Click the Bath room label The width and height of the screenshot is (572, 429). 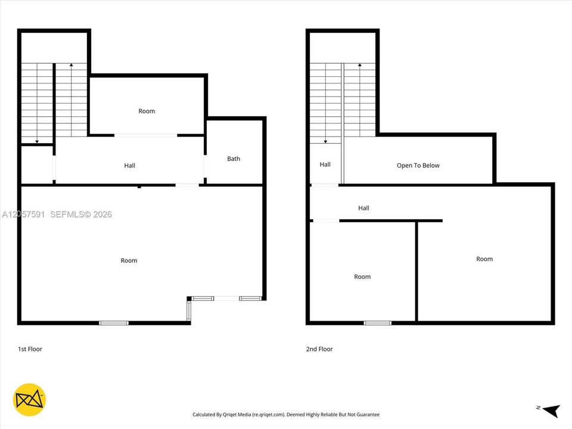click(x=234, y=158)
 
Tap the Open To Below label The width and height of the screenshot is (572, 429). click(x=418, y=166)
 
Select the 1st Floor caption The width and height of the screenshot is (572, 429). click(x=30, y=349)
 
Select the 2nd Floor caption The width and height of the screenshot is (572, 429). click(x=319, y=349)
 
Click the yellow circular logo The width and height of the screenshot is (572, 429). click(x=30, y=400)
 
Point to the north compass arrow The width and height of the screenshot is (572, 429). click(x=552, y=411)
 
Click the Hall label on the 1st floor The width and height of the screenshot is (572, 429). click(x=129, y=166)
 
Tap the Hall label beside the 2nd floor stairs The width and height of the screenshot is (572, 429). click(x=325, y=164)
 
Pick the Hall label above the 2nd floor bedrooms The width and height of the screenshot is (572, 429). click(x=363, y=208)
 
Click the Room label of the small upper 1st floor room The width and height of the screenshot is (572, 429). click(x=147, y=111)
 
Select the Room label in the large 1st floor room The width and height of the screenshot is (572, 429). click(x=129, y=260)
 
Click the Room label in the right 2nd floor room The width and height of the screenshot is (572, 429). click(x=484, y=259)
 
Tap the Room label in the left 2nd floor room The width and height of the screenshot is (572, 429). click(x=362, y=277)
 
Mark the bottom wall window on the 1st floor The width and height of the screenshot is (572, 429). click(x=114, y=323)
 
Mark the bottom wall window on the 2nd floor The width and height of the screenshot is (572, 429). click(x=378, y=323)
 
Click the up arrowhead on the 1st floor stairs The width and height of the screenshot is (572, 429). click(x=71, y=65)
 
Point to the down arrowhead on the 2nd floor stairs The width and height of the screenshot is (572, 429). click(x=325, y=142)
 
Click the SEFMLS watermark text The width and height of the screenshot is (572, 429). click(x=81, y=214)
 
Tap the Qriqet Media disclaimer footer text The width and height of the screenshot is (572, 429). click(x=286, y=415)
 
